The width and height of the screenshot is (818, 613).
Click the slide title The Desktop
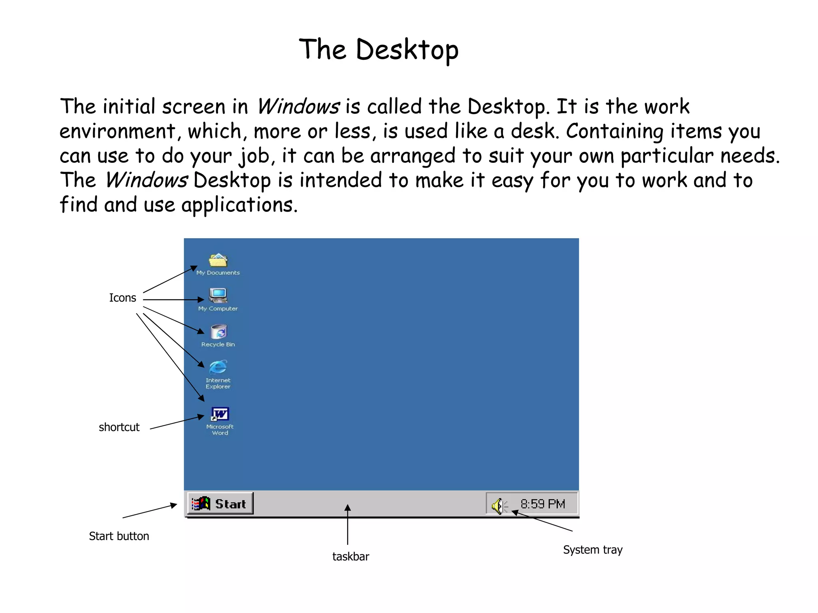(379, 49)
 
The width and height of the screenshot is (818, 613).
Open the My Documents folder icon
(218, 260)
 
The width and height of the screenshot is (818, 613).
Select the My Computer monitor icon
(218, 296)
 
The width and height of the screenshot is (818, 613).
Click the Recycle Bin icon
(218, 331)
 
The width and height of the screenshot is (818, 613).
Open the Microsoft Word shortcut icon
(220, 414)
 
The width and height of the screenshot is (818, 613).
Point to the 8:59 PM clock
(542, 504)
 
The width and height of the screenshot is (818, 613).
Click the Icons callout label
(123, 298)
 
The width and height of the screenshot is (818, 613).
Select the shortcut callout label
(119, 427)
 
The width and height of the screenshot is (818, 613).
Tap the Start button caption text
(119, 536)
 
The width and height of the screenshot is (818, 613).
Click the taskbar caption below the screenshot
(351, 556)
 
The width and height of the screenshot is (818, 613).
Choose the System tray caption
(593, 550)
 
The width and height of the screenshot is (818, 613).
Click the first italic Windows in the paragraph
(298, 107)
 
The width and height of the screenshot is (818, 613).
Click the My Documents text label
(218, 273)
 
